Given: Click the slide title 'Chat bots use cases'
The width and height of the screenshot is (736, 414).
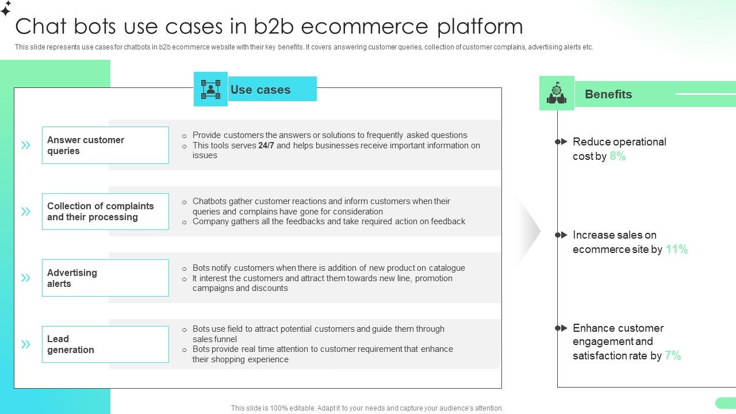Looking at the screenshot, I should click(x=269, y=26).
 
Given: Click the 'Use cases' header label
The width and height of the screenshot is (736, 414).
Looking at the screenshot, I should click(x=260, y=90).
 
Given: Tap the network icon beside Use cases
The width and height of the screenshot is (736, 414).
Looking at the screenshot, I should click(x=210, y=89).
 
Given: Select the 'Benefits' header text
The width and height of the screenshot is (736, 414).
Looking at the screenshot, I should click(x=608, y=94).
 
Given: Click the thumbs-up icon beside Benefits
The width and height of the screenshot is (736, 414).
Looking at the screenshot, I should click(x=557, y=93).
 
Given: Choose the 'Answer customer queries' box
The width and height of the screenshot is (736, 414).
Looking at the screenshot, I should click(x=105, y=145).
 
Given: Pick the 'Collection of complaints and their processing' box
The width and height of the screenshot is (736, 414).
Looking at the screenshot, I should click(x=105, y=212).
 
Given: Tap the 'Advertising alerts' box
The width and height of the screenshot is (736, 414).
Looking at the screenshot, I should click(x=105, y=278).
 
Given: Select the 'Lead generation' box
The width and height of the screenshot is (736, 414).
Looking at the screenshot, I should click(x=105, y=344).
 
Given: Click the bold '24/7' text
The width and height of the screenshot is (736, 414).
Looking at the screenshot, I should click(x=266, y=145).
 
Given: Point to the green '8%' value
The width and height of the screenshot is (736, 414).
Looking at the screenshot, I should click(x=618, y=156).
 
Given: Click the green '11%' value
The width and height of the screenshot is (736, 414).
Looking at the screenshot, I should click(x=677, y=250).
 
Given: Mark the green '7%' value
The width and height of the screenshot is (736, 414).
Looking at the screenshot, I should click(x=673, y=356).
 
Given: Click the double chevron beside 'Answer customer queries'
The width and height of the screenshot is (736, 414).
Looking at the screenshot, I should click(x=26, y=145).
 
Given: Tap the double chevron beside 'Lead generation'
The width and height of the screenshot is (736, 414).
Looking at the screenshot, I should click(x=26, y=344).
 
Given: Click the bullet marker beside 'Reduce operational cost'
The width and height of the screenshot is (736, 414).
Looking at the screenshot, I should click(x=561, y=141).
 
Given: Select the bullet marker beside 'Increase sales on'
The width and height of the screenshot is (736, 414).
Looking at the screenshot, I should click(x=561, y=235).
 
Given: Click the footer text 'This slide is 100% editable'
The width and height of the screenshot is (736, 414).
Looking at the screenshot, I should click(x=367, y=408).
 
